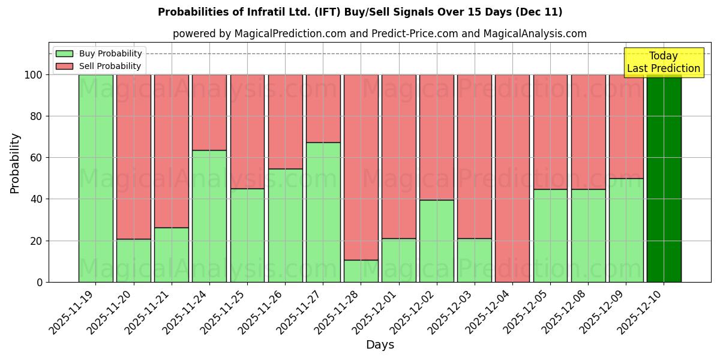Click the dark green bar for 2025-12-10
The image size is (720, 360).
(x=664, y=178)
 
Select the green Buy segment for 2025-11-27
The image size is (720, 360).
(x=323, y=212)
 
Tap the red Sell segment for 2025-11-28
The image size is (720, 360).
(x=361, y=167)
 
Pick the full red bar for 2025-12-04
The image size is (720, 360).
(x=512, y=178)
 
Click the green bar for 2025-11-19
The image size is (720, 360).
(x=95, y=178)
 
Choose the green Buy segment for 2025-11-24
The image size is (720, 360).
(x=209, y=216)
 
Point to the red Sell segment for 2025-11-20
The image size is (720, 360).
(x=133, y=157)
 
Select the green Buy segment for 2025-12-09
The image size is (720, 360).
(x=626, y=230)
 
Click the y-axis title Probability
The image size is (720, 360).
(x=15, y=163)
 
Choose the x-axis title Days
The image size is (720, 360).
(x=380, y=345)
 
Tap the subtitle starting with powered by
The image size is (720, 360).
(x=379, y=34)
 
